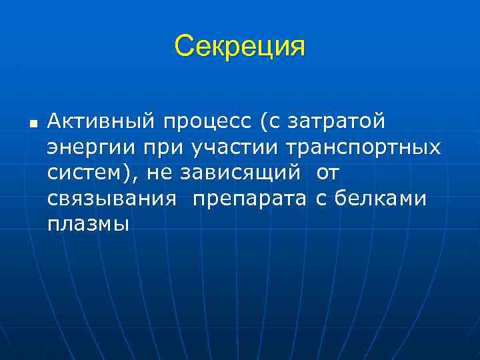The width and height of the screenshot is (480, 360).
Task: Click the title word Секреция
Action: (239, 47)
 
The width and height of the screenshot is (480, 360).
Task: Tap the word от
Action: (328, 173)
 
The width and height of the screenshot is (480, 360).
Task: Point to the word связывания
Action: (112, 198)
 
